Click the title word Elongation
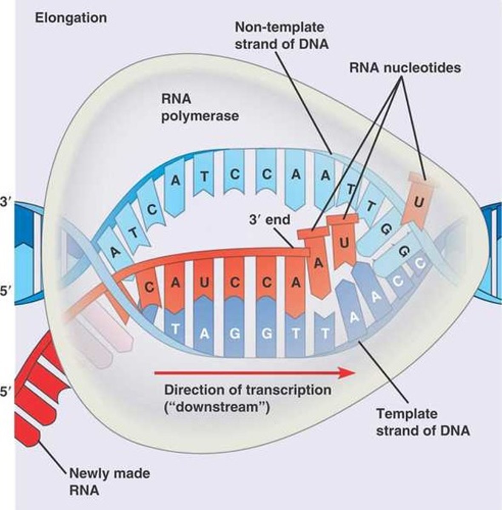(x=71, y=18)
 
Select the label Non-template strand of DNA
(x=281, y=36)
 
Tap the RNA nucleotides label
(x=405, y=68)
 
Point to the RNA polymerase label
(x=200, y=107)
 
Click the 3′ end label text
(x=270, y=219)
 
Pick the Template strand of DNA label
(x=422, y=422)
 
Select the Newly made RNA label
(x=109, y=481)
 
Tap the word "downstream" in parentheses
(x=217, y=407)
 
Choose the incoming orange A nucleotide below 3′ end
(x=318, y=263)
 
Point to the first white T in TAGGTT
(x=175, y=329)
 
